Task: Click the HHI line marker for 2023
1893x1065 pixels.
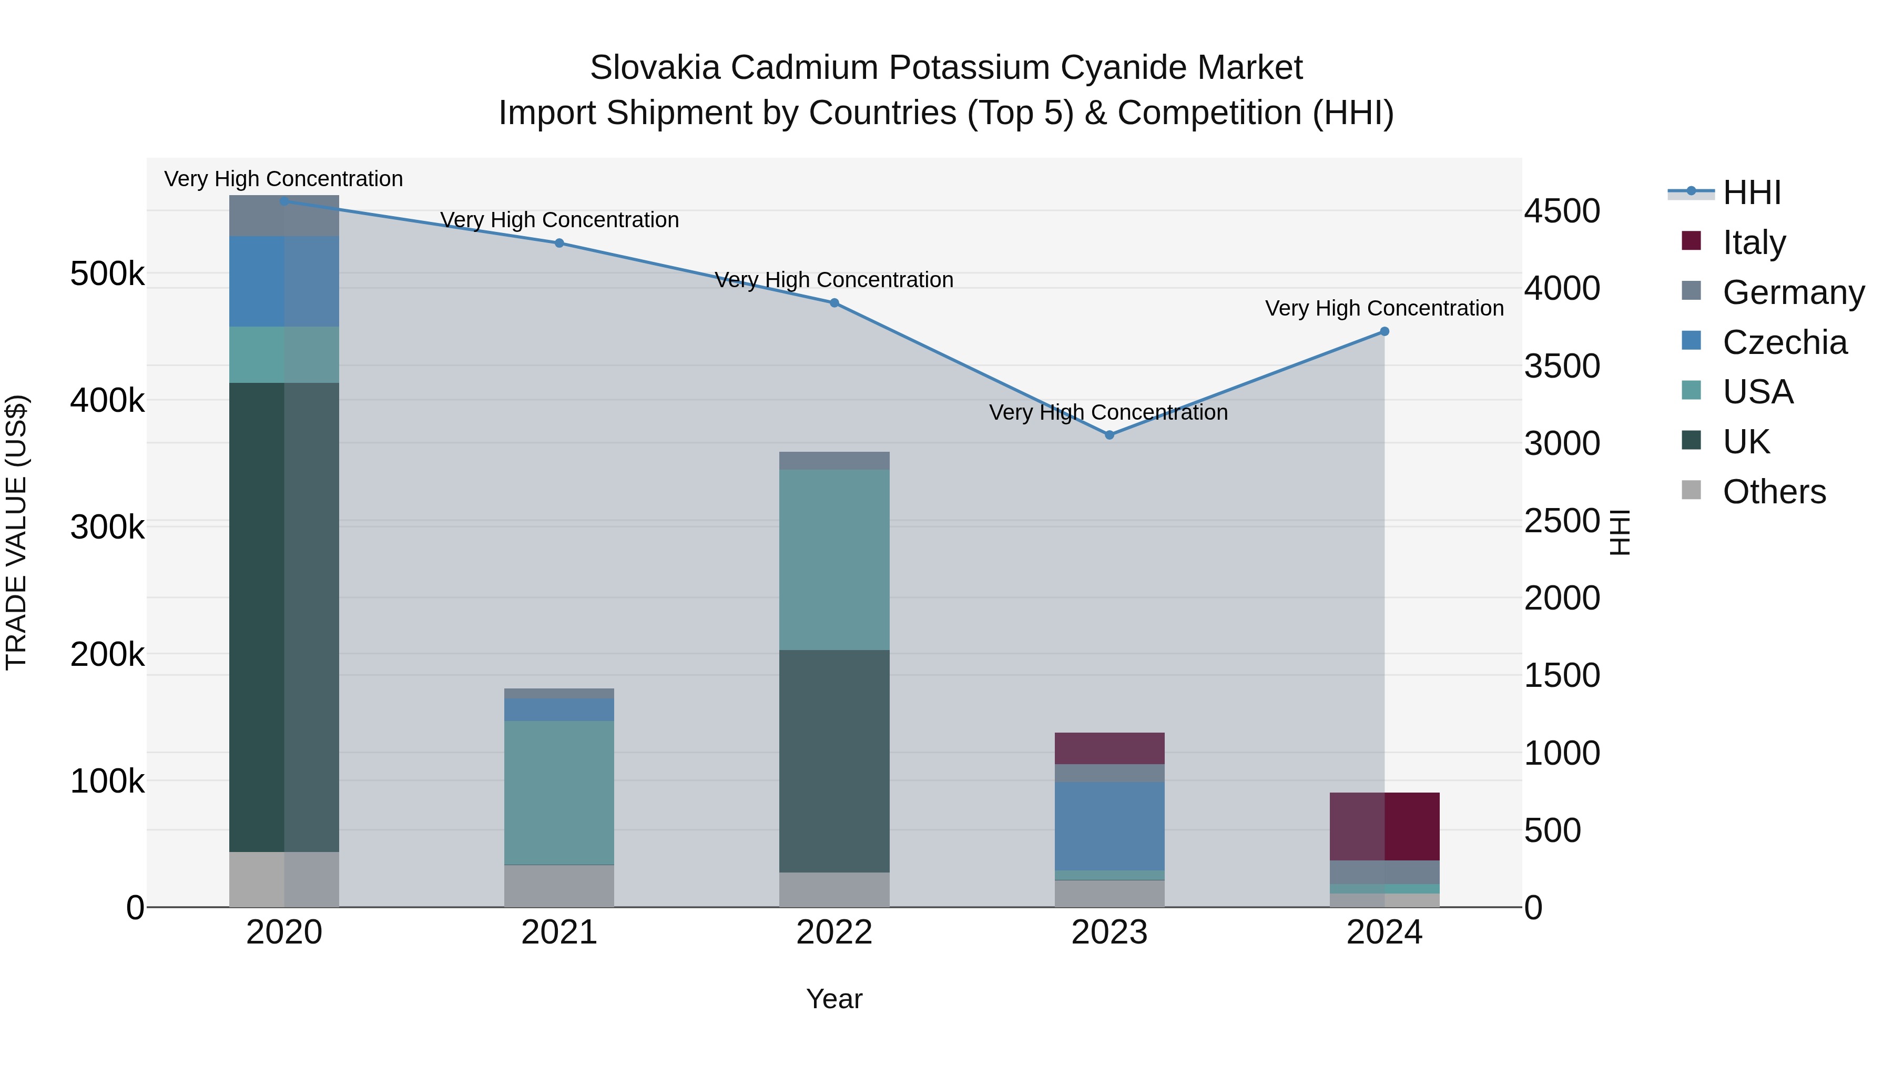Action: coord(1110,435)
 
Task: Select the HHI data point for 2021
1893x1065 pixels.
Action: coord(559,244)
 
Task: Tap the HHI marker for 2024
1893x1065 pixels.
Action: coord(1385,331)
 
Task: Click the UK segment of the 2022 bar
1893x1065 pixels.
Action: coord(834,760)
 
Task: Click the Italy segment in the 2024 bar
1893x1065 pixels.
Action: coord(1385,826)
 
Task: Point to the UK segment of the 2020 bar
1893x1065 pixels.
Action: coord(284,617)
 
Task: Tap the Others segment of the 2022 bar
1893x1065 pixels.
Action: coord(834,889)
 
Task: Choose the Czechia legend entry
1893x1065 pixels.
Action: coord(1784,342)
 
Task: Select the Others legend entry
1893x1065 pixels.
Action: coord(1774,492)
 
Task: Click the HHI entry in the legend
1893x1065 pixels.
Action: coord(1751,192)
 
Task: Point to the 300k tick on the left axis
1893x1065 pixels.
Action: coord(107,527)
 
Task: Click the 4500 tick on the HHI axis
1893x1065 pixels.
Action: coord(1562,211)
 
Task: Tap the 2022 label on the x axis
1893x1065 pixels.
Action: coord(834,932)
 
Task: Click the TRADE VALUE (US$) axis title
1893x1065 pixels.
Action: coord(17,532)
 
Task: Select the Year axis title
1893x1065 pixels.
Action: coord(834,999)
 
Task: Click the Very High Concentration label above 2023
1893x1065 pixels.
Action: coord(1108,412)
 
